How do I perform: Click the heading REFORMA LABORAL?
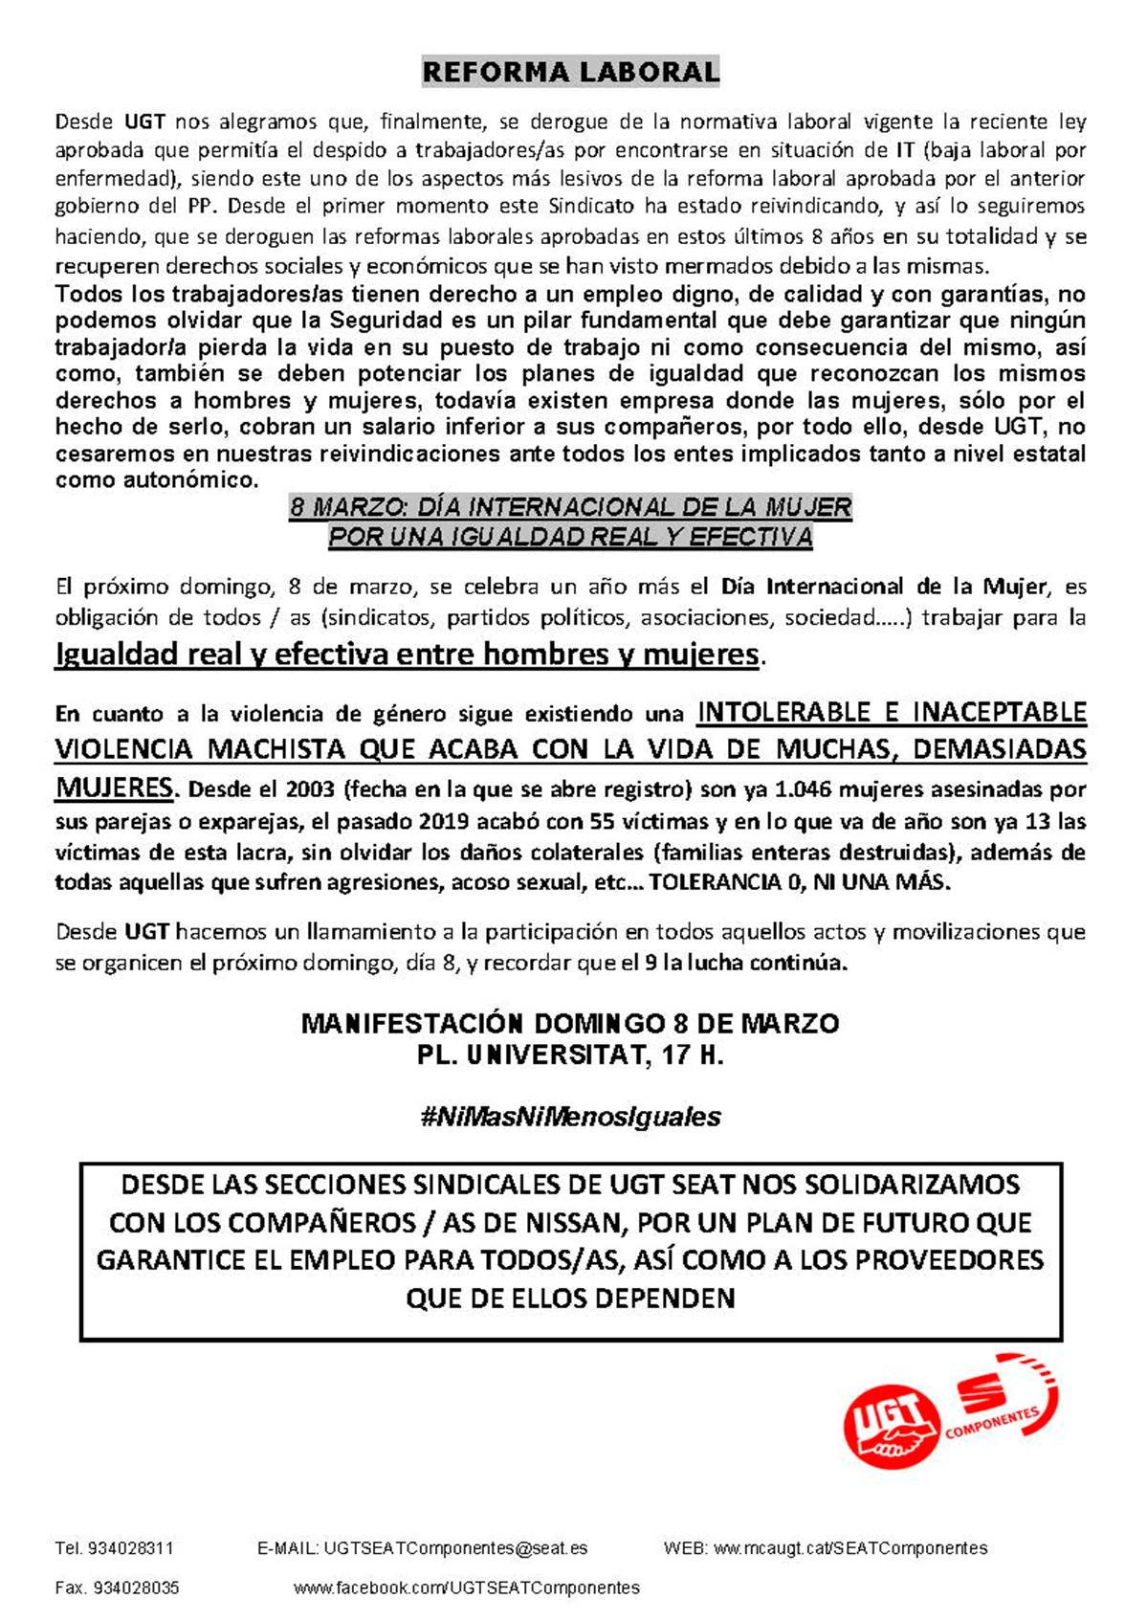click(571, 72)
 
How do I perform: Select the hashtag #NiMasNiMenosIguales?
click(570, 1117)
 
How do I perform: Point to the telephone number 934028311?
click(130, 1548)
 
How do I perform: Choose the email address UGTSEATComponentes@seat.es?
click(455, 1548)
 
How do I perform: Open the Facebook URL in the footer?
click(467, 1588)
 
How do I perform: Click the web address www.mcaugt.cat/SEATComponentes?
click(850, 1548)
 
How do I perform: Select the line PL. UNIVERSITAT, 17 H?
click(570, 1055)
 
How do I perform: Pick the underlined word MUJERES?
click(114, 788)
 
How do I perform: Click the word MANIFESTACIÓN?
click(412, 1024)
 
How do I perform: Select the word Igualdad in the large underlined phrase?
click(115, 655)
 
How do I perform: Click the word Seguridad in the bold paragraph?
click(386, 321)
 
